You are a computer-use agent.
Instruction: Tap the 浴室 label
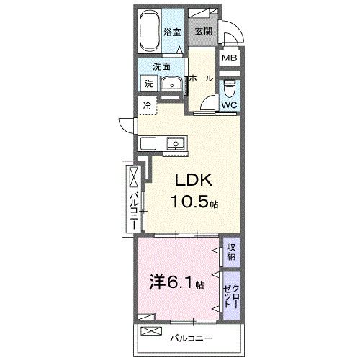pyautogui.click(x=171, y=32)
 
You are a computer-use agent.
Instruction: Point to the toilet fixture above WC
pyautogui.click(x=229, y=89)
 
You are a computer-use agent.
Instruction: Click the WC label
pyautogui.click(x=229, y=105)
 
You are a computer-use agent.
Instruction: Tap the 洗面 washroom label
pyautogui.click(x=161, y=67)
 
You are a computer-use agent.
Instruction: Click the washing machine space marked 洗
pyautogui.click(x=148, y=84)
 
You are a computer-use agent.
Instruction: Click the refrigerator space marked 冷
pyautogui.click(x=147, y=107)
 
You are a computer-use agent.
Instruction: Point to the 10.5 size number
pyautogui.click(x=188, y=203)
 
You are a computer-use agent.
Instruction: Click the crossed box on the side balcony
pyautogui.click(x=132, y=177)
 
